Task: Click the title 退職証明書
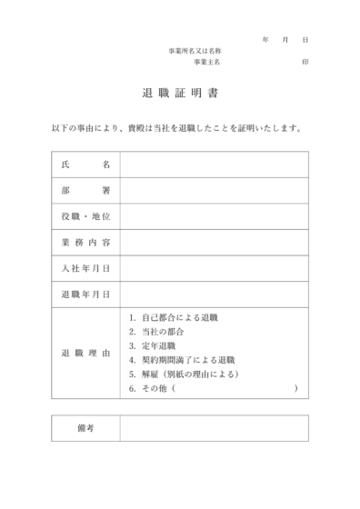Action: (180, 94)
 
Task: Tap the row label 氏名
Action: (85, 165)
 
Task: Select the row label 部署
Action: (85, 191)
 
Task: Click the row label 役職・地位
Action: (85, 217)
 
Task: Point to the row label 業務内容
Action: (85, 243)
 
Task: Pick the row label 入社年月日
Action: (85, 269)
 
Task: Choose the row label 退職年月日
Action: (85, 294)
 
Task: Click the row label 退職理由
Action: (85, 353)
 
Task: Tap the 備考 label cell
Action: (85, 427)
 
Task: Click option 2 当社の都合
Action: (163, 332)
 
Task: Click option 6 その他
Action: (155, 388)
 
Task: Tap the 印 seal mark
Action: (305, 63)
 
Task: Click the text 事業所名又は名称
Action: (195, 51)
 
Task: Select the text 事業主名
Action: (207, 63)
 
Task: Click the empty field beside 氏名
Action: (214, 165)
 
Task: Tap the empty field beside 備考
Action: (214, 427)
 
